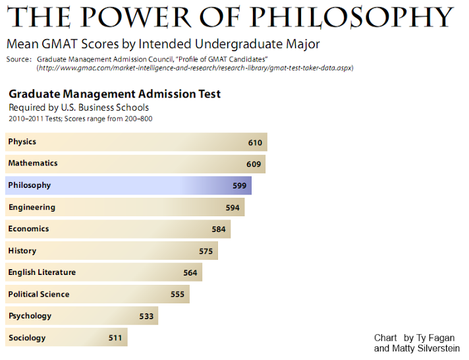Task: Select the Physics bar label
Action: pyautogui.click(x=22, y=142)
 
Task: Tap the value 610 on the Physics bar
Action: pyautogui.click(x=255, y=142)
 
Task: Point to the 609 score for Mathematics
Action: pyautogui.click(x=254, y=164)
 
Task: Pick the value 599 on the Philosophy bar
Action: pyautogui.click(x=239, y=186)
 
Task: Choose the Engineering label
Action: pyautogui.click(x=32, y=207)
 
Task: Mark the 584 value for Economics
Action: pyautogui.click(x=218, y=229)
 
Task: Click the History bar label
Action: pyautogui.click(x=22, y=251)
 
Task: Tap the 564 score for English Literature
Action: pyautogui.click(x=190, y=273)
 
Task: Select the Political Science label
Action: pyautogui.click(x=39, y=294)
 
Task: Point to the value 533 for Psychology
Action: pyautogui.click(x=146, y=316)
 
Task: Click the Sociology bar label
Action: pyautogui.click(x=27, y=338)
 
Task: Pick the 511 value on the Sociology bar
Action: pyautogui.click(x=115, y=338)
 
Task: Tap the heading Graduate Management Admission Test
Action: pyautogui.click(x=115, y=94)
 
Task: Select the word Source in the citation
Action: pyautogui.click(x=18, y=59)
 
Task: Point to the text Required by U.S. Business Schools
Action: pyautogui.click(x=78, y=107)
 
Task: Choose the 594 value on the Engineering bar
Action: pyautogui.click(x=233, y=208)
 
